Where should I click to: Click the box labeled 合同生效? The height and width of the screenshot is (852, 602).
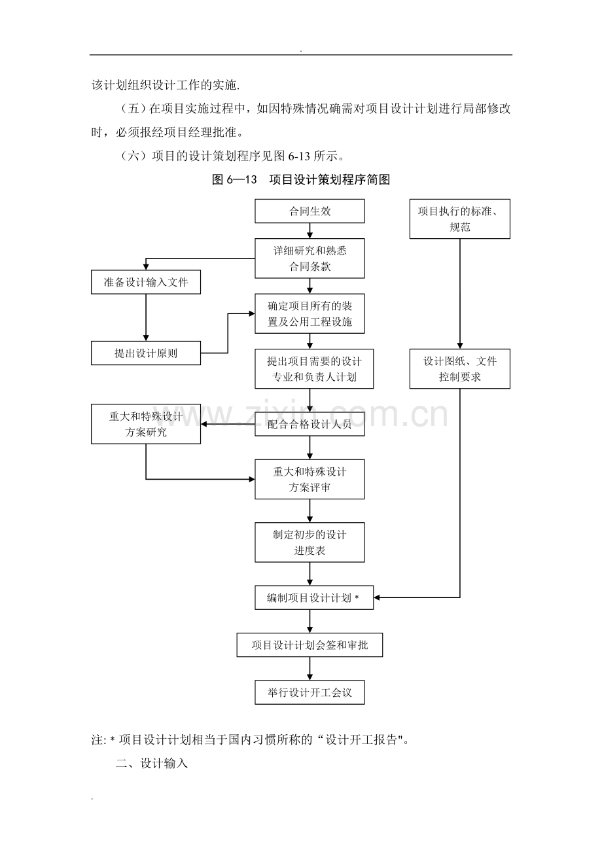[x=310, y=211]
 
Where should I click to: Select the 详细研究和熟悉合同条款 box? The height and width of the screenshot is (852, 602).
[x=310, y=259]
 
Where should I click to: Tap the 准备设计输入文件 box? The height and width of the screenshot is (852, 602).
[x=146, y=283]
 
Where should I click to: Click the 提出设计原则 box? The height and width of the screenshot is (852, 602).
[x=146, y=353]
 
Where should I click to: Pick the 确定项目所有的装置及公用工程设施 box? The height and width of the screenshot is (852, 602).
[x=310, y=313]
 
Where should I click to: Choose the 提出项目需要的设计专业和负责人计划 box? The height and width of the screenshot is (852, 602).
[x=310, y=369]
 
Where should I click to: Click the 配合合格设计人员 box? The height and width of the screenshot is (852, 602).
[x=310, y=424]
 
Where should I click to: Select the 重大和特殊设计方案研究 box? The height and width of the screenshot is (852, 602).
[x=146, y=424]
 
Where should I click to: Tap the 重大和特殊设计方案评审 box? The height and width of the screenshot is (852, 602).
[x=310, y=480]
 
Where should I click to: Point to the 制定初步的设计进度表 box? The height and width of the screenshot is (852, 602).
[x=310, y=542]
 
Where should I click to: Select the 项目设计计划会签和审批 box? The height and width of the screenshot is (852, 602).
[x=310, y=645]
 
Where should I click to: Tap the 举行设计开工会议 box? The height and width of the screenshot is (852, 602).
[x=310, y=692]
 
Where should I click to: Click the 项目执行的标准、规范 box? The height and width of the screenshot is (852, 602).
[x=460, y=219]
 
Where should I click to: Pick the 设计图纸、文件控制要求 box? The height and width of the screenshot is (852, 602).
[x=460, y=369]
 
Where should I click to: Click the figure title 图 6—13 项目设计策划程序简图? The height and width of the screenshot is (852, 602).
[x=301, y=180]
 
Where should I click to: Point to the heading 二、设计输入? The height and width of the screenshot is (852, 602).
[x=152, y=763]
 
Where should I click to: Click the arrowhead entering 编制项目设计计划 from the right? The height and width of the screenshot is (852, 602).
[x=378, y=597]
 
